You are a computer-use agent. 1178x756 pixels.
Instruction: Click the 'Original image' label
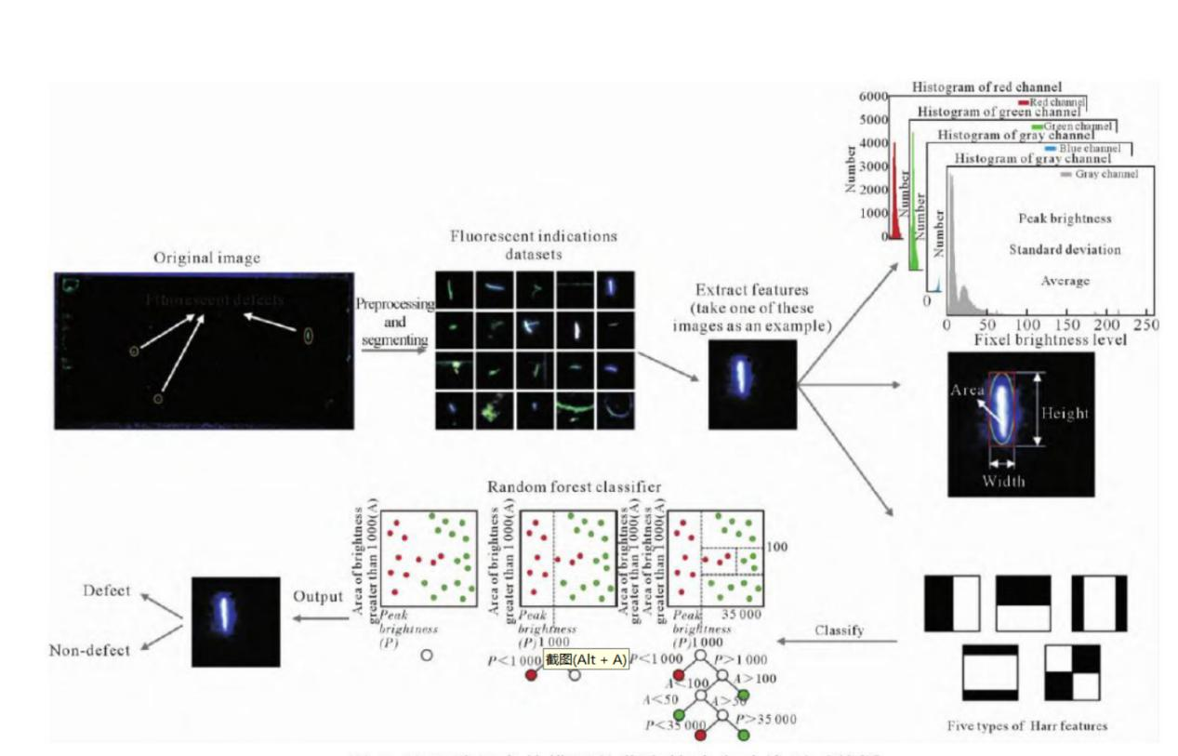point(206,258)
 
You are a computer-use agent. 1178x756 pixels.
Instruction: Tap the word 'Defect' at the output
point(107,591)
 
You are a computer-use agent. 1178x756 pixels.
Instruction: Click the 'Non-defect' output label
point(89,650)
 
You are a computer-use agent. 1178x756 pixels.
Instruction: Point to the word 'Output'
point(318,595)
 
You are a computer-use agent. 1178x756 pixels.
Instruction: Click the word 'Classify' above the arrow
point(840,630)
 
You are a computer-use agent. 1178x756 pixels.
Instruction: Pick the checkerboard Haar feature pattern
point(1072,672)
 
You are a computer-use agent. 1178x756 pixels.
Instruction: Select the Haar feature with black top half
point(1023,603)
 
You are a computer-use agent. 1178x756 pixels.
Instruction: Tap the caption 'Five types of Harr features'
point(1026,725)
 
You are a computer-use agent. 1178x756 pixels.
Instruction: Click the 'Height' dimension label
point(1065,413)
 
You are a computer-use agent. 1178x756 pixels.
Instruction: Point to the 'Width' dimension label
point(1003,481)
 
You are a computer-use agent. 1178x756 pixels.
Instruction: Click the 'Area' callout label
point(966,391)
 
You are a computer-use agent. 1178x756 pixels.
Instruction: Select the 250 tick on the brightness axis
point(1149,325)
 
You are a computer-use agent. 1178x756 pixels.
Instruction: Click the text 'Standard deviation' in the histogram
point(1065,250)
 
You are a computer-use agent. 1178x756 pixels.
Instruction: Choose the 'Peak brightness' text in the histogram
point(1065,219)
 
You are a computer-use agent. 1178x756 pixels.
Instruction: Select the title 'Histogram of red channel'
point(973,87)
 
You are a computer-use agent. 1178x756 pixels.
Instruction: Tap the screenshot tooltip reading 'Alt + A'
point(586,659)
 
